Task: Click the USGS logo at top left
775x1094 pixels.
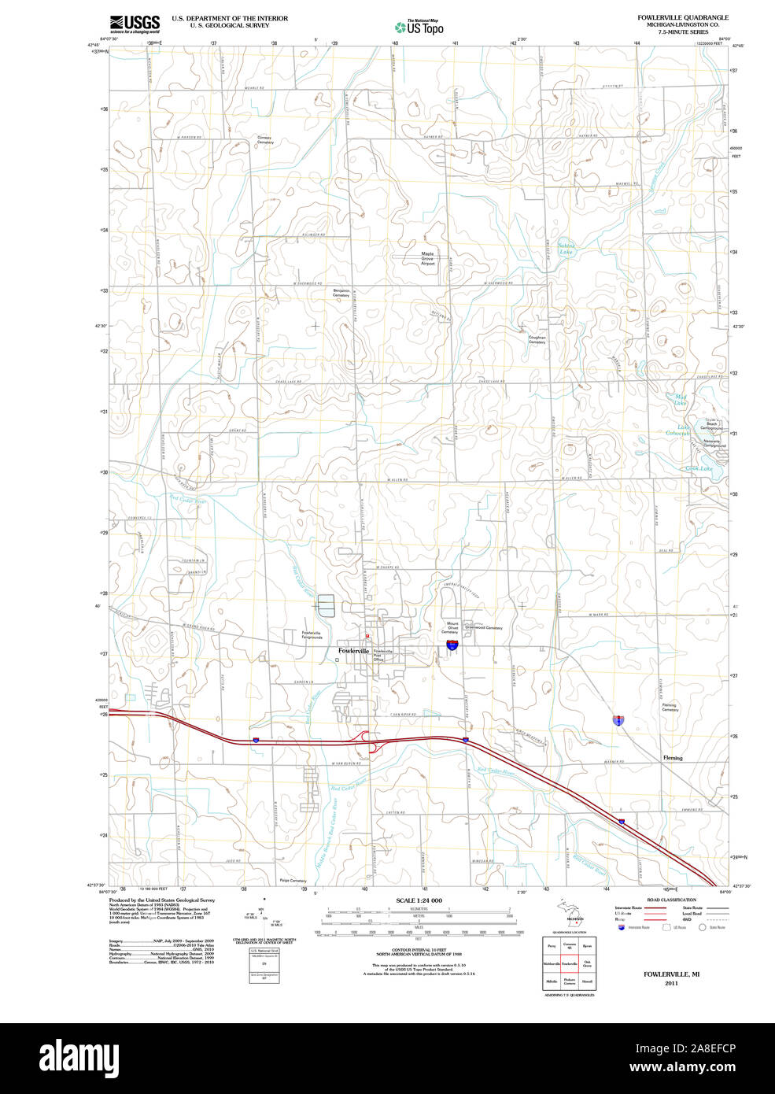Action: click(x=135, y=23)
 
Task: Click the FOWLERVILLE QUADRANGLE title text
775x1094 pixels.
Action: click(x=682, y=17)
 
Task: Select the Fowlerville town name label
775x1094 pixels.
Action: click(x=353, y=651)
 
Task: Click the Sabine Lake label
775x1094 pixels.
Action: click(x=566, y=249)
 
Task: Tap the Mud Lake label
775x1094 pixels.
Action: click(x=681, y=400)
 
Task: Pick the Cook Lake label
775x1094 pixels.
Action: click(x=698, y=468)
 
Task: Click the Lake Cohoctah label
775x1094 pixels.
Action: click(x=678, y=431)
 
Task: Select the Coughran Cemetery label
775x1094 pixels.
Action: click(x=537, y=339)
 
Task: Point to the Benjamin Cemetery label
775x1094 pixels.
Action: click(x=341, y=293)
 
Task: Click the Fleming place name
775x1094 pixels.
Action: click(x=673, y=758)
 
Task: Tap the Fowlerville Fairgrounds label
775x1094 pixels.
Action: click(x=312, y=634)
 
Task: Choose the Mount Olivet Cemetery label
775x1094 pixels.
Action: click(x=449, y=627)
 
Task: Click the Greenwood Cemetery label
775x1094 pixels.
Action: click(x=483, y=627)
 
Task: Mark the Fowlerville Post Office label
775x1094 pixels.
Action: click(x=382, y=655)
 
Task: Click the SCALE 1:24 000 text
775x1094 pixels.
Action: click(x=419, y=900)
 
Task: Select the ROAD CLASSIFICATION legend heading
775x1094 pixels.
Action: click(x=671, y=900)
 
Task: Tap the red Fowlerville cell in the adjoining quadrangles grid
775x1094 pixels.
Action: click(x=569, y=963)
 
